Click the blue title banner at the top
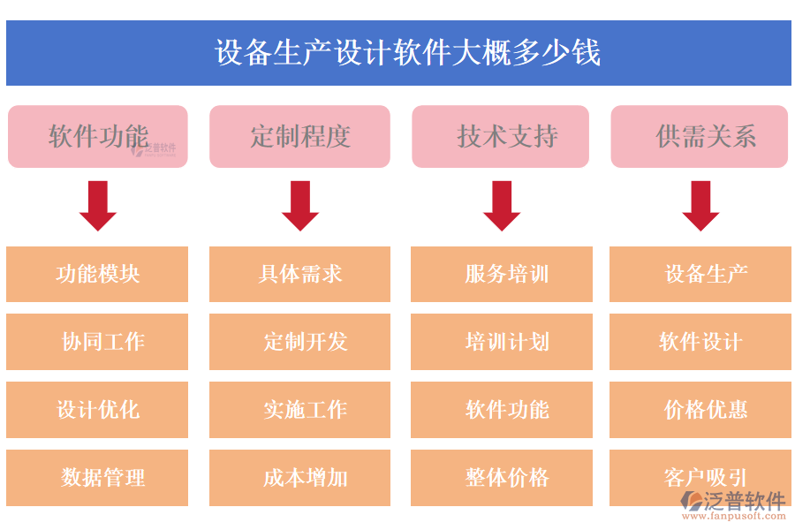[398, 53]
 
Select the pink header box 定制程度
[299, 136]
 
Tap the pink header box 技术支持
[502, 136]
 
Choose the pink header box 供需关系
[699, 136]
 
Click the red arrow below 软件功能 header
[97, 206]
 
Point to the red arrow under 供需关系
[700, 206]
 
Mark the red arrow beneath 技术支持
[502, 206]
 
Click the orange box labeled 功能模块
[97, 274]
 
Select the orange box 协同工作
[97, 342]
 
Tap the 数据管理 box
[97, 478]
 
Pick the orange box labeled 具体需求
[299, 274]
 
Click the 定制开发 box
[299, 342]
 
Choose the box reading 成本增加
[299, 478]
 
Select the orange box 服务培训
[502, 274]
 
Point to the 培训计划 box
[502, 342]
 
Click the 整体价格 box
[502, 478]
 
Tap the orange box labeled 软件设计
[700, 342]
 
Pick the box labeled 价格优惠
[700, 410]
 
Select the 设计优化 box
[97, 410]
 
